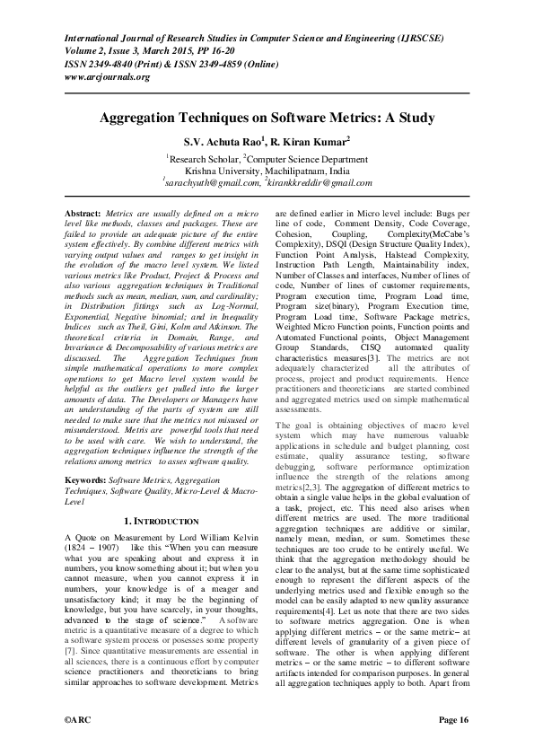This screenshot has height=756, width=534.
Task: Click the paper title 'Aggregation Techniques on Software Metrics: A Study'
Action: pos(267,118)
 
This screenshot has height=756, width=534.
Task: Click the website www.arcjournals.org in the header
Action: pos(107,76)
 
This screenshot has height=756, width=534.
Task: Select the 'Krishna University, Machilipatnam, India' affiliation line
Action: pos(267,169)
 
